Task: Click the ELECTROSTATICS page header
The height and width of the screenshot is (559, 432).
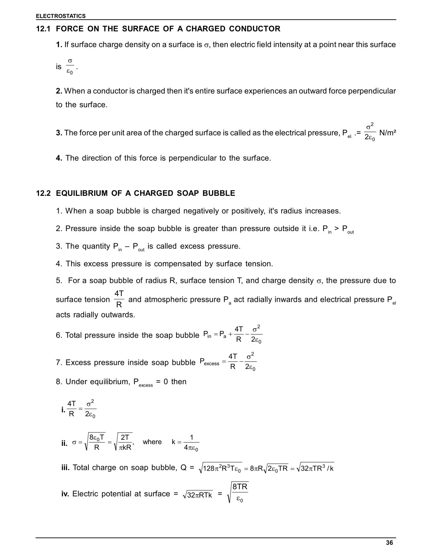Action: point(61,16)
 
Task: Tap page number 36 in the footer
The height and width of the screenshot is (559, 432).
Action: point(389,543)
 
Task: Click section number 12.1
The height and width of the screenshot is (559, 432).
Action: point(43,29)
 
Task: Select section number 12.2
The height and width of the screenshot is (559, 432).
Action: point(43,193)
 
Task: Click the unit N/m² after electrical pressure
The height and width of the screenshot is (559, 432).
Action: point(388,133)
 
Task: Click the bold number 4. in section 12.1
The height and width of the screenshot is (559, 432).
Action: point(59,158)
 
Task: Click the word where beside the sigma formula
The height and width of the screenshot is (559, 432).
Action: point(152,442)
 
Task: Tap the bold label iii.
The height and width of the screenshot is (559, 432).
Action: point(65,468)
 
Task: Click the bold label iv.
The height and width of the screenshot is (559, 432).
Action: point(65,494)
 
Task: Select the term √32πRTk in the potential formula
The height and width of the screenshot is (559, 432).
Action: point(197,495)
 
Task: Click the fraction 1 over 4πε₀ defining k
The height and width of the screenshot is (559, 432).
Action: point(191,442)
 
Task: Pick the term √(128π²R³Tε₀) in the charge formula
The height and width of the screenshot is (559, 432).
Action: point(221,468)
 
